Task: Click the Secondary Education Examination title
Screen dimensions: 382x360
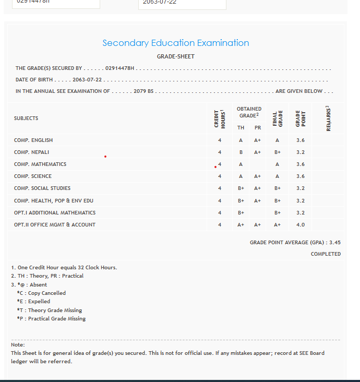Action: click(x=176, y=43)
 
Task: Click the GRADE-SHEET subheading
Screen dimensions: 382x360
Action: click(x=176, y=56)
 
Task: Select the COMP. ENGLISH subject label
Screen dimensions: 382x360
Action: click(x=33, y=140)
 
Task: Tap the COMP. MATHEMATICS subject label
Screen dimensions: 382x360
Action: click(x=40, y=164)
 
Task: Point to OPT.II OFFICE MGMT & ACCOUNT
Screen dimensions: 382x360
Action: click(x=55, y=224)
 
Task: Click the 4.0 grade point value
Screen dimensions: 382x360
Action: click(x=301, y=224)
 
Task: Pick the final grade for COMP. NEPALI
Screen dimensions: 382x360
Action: click(x=278, y=152)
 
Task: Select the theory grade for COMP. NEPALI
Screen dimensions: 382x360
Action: click(x=241, y=152)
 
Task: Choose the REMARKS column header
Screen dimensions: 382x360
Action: click(x=328, y=118)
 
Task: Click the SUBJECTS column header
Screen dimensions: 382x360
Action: click(x=26, y=118)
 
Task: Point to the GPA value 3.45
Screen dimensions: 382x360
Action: click(x=335, y=243)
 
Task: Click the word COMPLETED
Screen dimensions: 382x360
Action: click(x=326, y=254)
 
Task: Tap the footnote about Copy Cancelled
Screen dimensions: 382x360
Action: click(x=41, y=293)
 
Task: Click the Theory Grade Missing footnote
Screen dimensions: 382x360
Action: click(x=50, y=310)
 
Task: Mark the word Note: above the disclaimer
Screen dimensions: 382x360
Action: click(x=18, y=344)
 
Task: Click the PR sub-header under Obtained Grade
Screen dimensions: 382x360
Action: click(x=258, y=128)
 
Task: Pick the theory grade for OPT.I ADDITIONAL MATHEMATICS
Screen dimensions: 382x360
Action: click(x=241, y=212)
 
